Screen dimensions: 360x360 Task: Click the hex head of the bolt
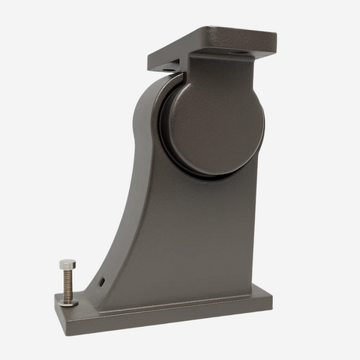coord(67,265)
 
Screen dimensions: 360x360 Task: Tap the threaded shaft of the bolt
coord(67,284)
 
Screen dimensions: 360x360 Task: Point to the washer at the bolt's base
coord(68,301)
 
